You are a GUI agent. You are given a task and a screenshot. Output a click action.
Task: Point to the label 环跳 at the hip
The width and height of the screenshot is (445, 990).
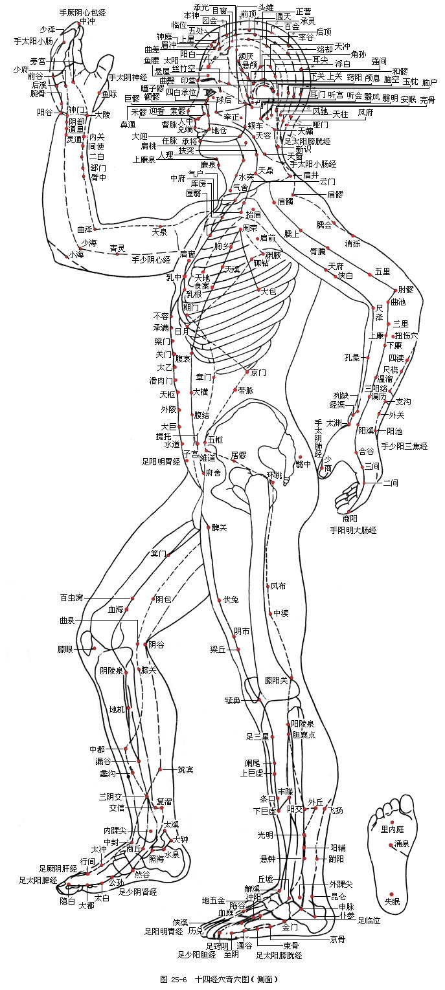click(x=275, y=476)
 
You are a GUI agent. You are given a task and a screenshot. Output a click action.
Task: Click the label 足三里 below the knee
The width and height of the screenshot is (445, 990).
click(x=257, y=736)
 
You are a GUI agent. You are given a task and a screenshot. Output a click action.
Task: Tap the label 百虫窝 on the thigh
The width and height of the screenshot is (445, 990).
click(x=71, y=597)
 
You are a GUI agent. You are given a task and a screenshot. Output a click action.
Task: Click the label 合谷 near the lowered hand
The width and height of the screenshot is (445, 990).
click(x=366, y=451)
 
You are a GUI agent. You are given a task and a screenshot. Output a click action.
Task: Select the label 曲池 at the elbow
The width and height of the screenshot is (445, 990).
click(x=398, y=302)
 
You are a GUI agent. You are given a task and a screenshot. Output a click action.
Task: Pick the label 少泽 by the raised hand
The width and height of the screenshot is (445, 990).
click(x=47, y=30)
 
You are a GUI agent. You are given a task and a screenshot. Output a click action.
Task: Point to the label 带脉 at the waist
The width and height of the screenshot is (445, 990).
click(x=246, y=390)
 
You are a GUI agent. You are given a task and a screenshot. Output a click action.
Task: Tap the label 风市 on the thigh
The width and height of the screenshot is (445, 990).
click(x=278, y=586)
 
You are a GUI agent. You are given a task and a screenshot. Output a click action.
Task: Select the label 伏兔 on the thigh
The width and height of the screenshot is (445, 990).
click(x=231, y=599)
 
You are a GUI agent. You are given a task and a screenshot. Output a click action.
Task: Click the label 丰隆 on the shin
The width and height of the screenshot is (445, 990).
click(x=285, y=791)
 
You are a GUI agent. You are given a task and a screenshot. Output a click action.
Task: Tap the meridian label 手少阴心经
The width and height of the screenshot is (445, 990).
click(x=150, y=260)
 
